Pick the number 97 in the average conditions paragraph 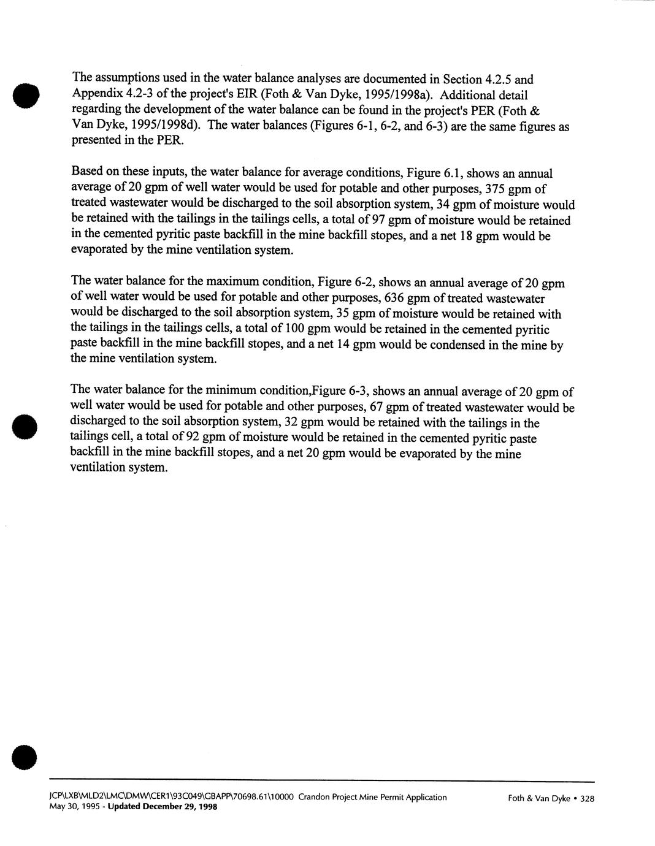(373, 220)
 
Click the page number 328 (587, 799)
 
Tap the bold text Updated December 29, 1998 (162, 807)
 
